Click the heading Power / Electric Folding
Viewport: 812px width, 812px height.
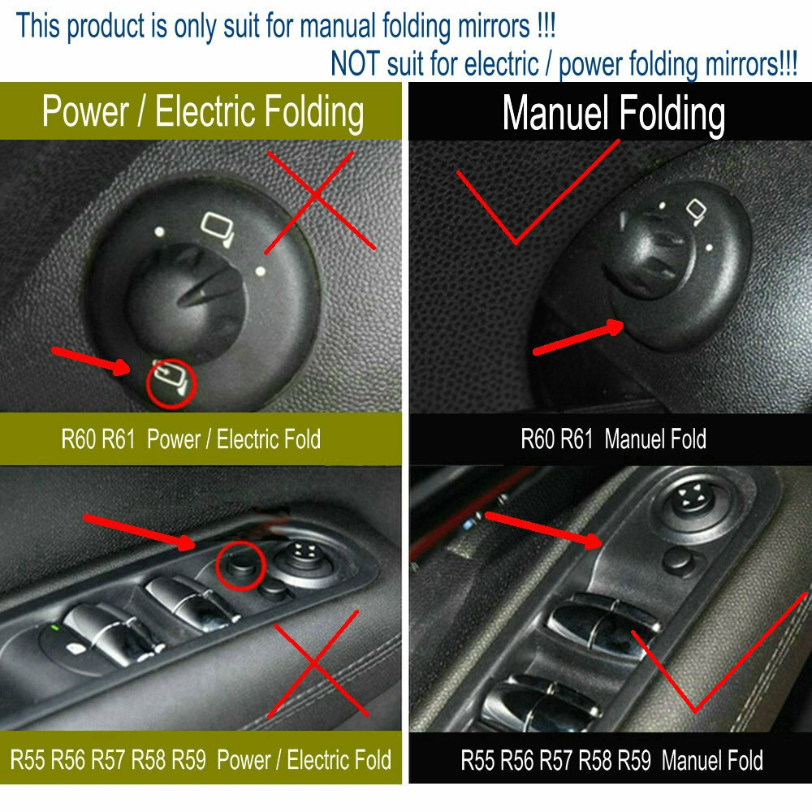point(202,112)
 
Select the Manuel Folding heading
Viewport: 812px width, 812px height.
point(613,114)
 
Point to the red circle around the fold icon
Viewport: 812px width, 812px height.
point(171,384)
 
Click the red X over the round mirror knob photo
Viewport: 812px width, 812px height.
point(319,201)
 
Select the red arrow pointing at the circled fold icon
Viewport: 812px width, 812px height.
point(91,361)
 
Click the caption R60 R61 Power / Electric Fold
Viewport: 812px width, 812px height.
point(191,439)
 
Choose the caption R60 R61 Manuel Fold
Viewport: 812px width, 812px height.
point(613,439)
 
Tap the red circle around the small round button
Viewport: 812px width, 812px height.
point(241,565)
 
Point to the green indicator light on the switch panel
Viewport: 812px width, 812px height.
point(55,628)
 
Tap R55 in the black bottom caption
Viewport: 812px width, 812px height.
point(478,761)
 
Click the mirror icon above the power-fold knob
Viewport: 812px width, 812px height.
point(218,228)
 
